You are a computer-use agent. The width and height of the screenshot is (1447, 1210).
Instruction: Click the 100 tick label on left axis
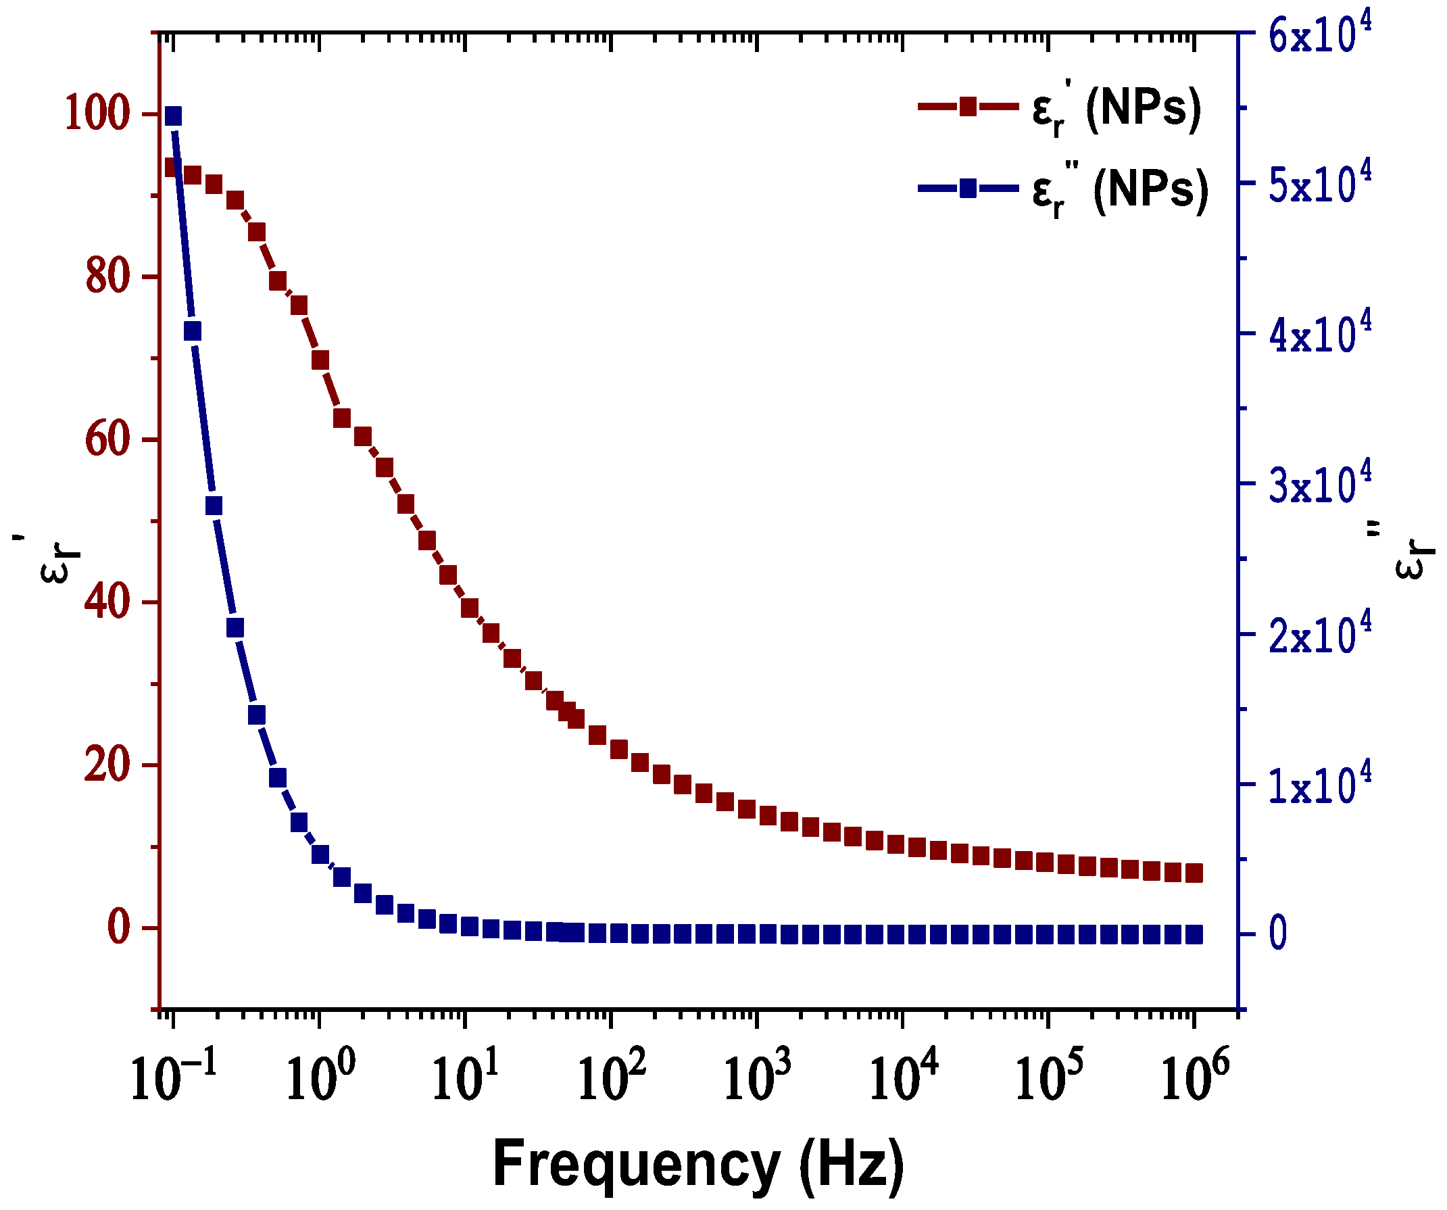(x=97, y=114)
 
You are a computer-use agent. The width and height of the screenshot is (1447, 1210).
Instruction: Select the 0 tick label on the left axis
(x=118, y=927)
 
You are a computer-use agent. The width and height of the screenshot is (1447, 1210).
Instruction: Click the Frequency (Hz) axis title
(x=698, y=1165)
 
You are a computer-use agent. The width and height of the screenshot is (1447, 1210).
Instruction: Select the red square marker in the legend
(x=968, y=106)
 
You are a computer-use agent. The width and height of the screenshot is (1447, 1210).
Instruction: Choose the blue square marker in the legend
(x=968, y=187)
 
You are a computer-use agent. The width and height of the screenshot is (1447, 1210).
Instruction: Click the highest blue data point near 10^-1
(x=173, y=116)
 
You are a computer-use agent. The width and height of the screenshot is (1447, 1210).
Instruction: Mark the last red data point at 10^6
(x=1194, y=873)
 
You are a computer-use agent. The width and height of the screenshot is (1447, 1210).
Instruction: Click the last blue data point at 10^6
(x=1194, y=935)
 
